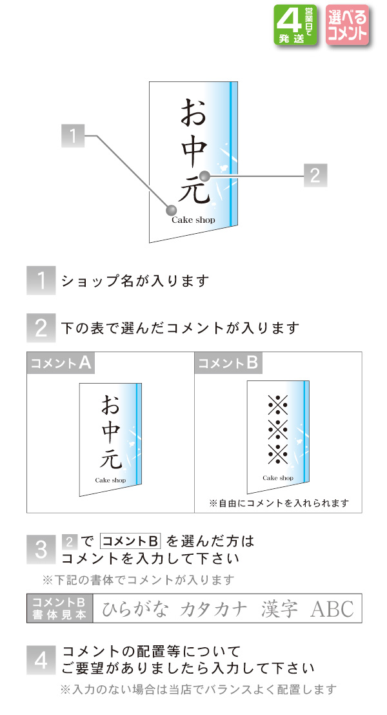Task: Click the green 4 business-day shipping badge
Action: (x=296, y=25)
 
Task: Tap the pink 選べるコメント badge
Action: (x=346, y=25)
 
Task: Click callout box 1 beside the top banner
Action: (x=74, y=136)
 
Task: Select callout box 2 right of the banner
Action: (x=315, y=174)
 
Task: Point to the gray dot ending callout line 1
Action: (x=171, y=210)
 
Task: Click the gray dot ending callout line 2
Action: (x=204, y=174)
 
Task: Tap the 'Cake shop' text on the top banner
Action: (x=193, y=220)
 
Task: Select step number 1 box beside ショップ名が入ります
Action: (x=40, y=281)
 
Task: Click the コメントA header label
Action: (x=61, y=363)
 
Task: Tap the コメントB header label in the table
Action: (x=228, y=363)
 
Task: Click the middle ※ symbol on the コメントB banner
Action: (x=277, y=428)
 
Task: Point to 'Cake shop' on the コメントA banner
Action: (x=110, y=481)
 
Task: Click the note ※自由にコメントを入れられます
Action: (x=279, y=503)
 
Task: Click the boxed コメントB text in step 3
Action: (x=130, y=541)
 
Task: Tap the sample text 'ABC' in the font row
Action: (x=332, y=609)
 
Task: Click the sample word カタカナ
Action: (x=213, y=609)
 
